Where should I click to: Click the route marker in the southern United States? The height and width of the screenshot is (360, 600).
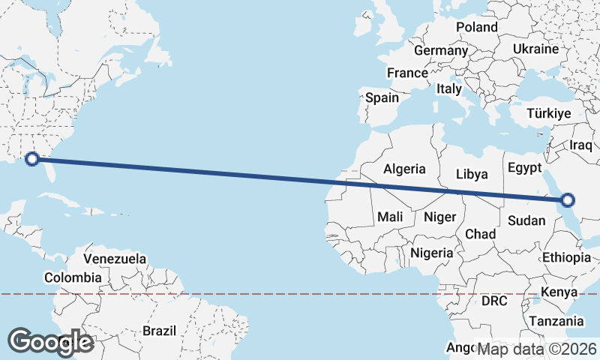31,158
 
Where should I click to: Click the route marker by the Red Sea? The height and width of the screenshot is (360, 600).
568,199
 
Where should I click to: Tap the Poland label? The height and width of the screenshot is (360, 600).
476,27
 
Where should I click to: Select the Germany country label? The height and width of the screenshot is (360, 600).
440,50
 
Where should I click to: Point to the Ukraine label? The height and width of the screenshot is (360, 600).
535,49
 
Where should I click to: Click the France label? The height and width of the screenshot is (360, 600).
407,73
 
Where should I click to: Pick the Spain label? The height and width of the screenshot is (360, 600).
382,97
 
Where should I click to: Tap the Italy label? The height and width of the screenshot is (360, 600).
449,88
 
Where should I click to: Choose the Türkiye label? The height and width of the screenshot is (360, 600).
549,113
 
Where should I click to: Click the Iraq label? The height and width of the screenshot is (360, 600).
581,145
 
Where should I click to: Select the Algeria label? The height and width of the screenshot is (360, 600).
404,169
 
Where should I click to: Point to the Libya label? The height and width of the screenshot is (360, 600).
472,174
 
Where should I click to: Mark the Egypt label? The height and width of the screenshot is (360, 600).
524,167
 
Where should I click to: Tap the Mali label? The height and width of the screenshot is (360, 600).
390,217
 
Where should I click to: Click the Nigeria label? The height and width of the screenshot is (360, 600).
431,253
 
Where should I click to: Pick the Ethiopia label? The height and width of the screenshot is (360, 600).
566,257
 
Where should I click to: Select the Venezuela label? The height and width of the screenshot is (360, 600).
115,259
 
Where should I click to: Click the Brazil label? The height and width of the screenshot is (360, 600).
159,330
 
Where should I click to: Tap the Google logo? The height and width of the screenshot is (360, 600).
50,341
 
